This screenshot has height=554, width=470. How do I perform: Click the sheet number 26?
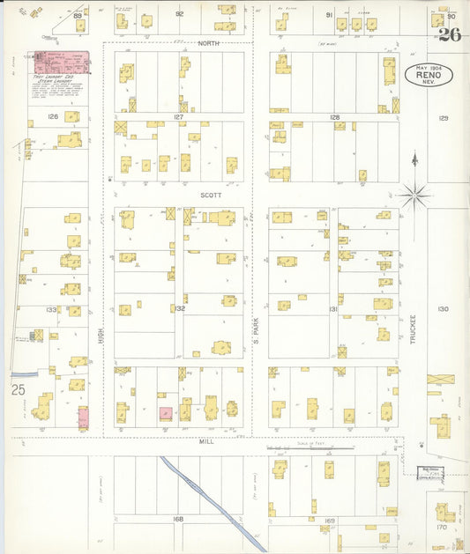450,36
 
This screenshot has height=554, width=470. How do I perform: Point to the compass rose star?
414,194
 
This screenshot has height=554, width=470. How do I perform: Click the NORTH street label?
208,43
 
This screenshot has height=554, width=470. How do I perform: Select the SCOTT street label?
211,196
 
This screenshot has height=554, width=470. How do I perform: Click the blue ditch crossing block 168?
212,498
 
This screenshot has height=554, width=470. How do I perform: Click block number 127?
179,116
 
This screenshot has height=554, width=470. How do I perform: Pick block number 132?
179,309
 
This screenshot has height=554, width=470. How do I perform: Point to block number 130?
443,309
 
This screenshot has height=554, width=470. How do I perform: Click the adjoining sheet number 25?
19,388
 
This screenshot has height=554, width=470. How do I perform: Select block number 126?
52,116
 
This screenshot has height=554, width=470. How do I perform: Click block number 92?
179,15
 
